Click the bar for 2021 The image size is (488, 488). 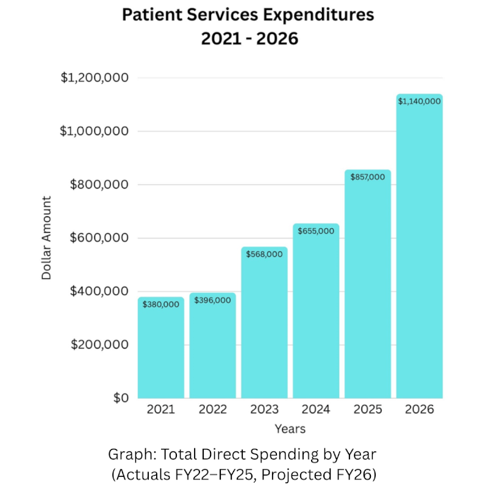[161, 348]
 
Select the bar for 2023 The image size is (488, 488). [264, 323]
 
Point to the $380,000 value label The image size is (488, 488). [161, 304]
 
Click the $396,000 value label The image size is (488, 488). [212, 300]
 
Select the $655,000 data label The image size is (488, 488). [316, 231]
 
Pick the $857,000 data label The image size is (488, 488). [368, 176]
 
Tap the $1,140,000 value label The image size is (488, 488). [419, 101]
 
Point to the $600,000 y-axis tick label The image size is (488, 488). [98, 238]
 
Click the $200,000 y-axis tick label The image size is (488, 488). [98, 345]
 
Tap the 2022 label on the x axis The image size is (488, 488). [212, 410]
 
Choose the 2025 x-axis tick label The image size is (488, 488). [368, 410]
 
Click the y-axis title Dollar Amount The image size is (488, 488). [47, 238]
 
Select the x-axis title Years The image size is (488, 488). [290, 428]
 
